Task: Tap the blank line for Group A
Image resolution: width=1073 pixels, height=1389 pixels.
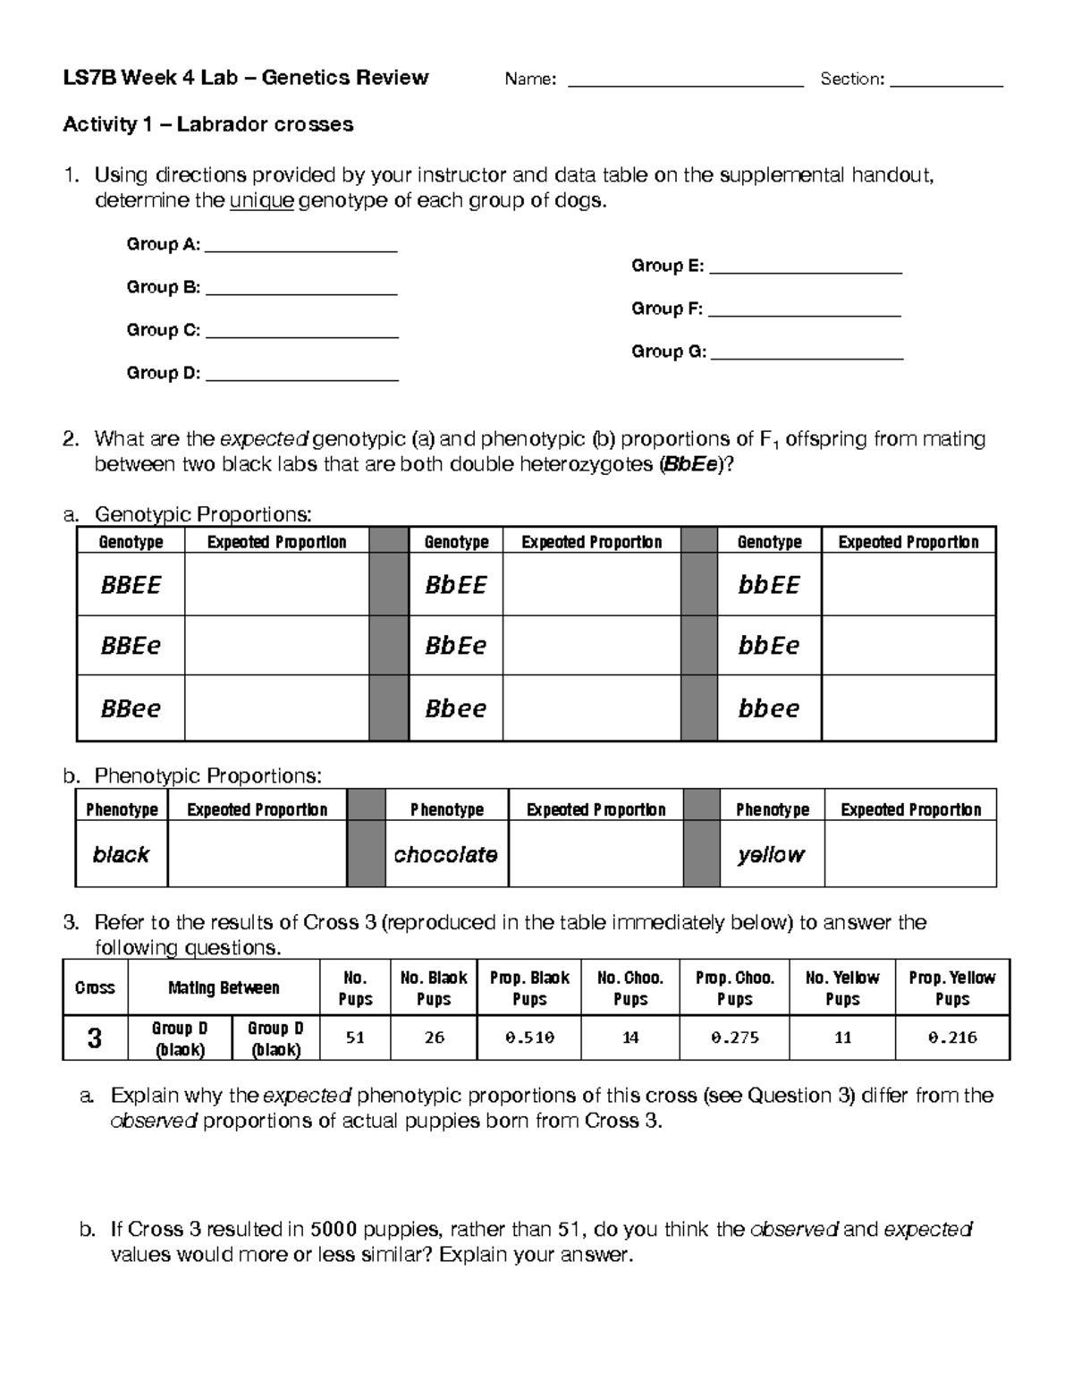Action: point(301,250)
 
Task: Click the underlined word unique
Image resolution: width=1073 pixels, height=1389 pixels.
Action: point(262,201)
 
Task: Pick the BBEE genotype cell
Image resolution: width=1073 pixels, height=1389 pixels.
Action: point(131,585)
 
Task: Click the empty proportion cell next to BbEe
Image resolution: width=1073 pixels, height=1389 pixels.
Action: point(591,646)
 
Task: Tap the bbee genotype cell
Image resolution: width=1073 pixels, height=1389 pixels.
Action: point(769,708)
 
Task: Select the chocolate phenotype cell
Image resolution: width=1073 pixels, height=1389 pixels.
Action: point(446,854)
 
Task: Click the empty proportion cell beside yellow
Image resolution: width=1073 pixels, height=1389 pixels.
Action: point(910,854)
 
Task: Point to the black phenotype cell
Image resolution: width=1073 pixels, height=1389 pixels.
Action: point(122,854)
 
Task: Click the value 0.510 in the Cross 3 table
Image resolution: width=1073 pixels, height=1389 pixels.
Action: point(529,1038)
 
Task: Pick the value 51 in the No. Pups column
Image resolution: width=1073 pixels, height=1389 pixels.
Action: point(355,1038)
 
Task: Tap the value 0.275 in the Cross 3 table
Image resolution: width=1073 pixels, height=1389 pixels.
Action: point(734,1038)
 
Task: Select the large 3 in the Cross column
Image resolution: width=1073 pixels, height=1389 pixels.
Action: point(95,1038)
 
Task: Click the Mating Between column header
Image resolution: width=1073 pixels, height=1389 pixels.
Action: point(224,988)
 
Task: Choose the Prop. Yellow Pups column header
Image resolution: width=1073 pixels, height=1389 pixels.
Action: point(952,988)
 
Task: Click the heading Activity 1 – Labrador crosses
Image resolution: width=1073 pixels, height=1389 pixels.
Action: point(208,124)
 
